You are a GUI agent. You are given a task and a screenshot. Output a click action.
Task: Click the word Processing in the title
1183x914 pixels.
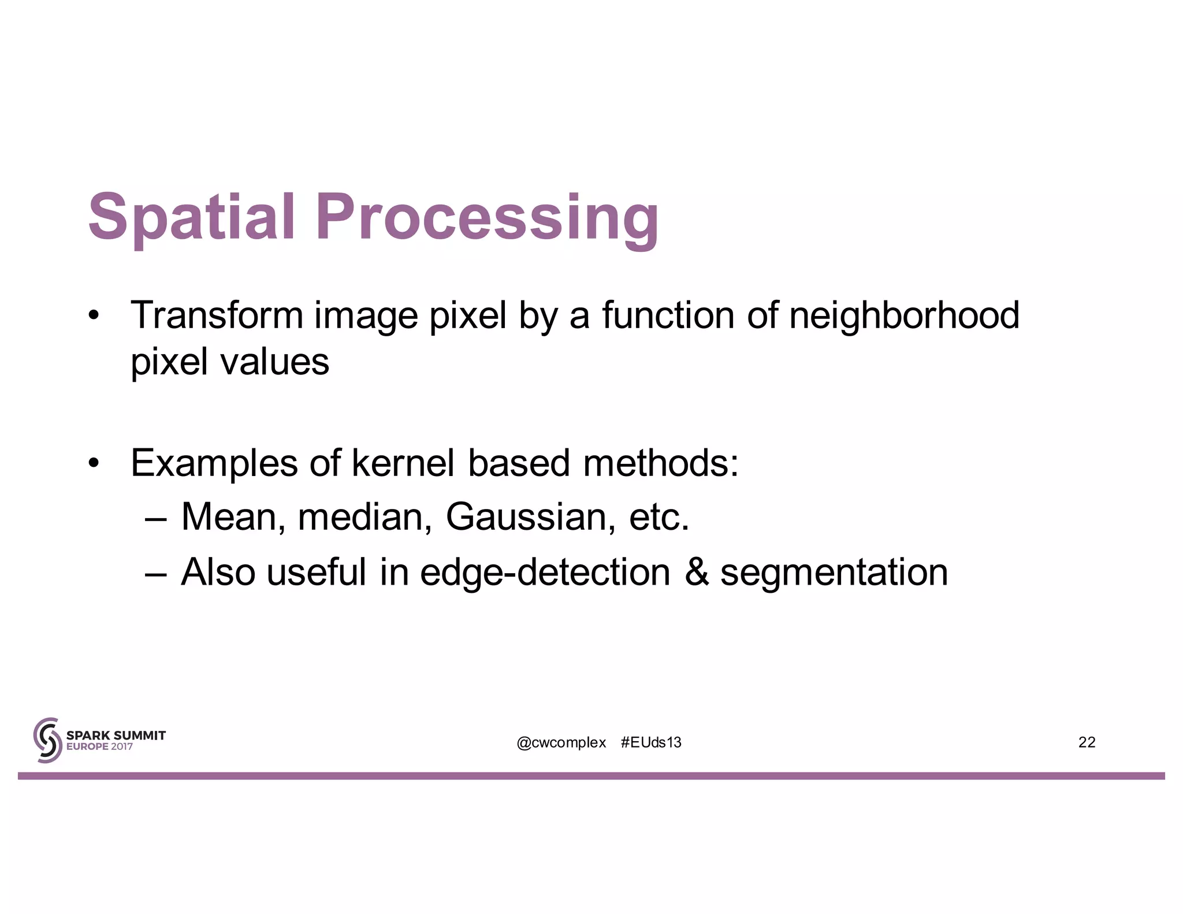coord(487,218)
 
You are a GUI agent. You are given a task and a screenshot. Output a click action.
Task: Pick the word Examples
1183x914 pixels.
coord(214,464)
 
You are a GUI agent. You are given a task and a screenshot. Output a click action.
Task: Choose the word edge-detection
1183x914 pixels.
coord(545,573)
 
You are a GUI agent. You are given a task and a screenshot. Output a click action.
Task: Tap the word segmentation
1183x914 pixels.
coord(834,573)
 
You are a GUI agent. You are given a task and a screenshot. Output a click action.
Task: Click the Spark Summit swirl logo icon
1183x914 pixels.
coord(47,740)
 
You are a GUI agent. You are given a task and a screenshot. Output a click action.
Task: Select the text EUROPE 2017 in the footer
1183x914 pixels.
coord(99,746)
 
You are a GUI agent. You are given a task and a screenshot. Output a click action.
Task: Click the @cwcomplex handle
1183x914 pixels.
coord(561,742)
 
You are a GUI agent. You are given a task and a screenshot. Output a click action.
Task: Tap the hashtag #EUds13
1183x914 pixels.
coord(651,742)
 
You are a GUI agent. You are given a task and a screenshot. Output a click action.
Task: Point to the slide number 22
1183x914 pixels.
coord(1087,742)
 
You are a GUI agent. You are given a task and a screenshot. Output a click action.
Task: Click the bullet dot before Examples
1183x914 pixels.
coord(94,463)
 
